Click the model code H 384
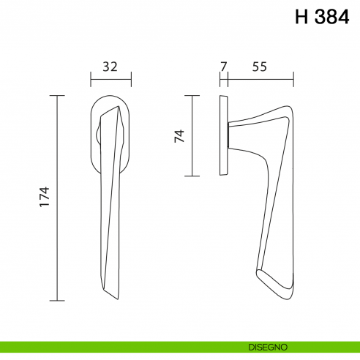coord(322,17)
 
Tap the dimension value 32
coord(110,67)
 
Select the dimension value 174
coord(45,197)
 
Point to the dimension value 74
coord(179,136)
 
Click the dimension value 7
coord(224,67)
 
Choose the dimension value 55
coord(260,67)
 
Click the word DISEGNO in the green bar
coord(268,347)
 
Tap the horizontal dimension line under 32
coord(111,79)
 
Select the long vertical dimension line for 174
coord(57,198)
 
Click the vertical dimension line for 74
coord(192,135)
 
